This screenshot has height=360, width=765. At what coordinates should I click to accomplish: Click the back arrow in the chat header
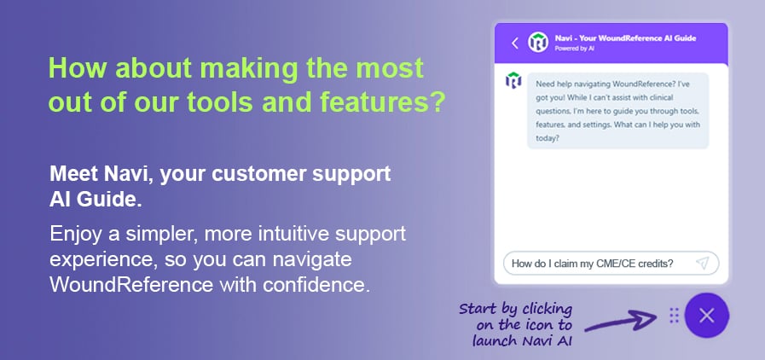coord(515,43)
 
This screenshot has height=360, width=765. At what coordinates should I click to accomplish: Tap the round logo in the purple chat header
coord(538,43)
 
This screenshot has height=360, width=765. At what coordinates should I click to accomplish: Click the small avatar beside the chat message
coord(513,82)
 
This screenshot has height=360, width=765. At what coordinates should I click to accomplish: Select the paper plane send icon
coord(702,263)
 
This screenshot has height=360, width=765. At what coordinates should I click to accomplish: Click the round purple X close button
coord(706,316)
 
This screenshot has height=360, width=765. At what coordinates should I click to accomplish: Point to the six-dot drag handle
coord(674,316)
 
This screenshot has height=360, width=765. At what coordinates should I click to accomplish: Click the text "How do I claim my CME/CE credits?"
coord(592,264)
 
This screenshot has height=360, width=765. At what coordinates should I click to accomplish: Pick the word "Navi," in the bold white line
coord(118,175)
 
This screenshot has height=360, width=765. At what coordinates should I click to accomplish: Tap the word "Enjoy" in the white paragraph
coord(74,233)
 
